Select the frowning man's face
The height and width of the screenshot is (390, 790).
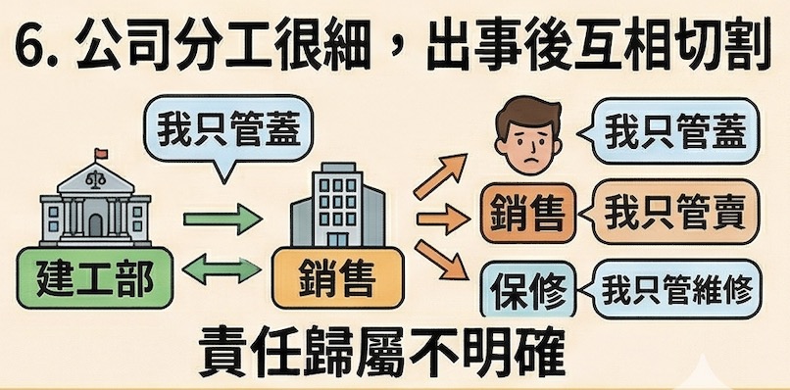526,135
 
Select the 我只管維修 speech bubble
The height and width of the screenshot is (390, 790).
675,290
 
